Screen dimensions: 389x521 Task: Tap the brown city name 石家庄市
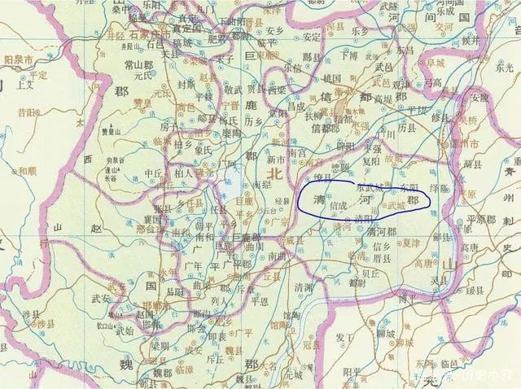[x=149, y=35]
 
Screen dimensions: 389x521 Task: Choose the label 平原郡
[x=476, y=221]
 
